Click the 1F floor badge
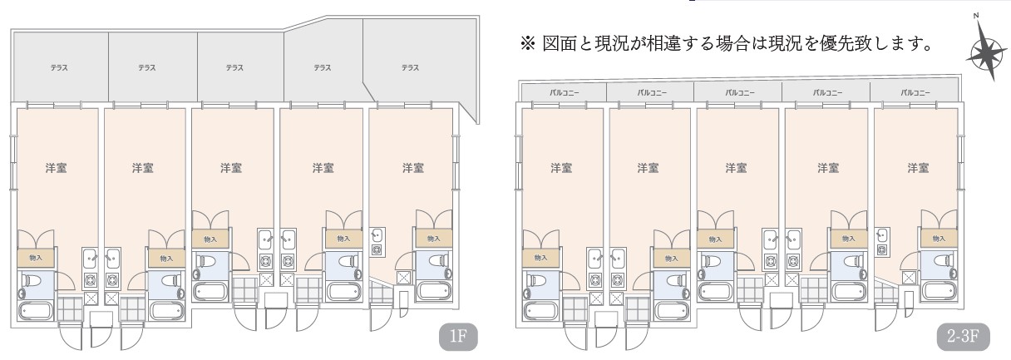[458, 337]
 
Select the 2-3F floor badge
[963, 337]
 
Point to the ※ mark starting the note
[528, 44]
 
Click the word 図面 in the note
[559, 44]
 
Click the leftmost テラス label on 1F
[59, 67]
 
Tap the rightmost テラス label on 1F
[410, 67]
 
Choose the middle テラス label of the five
[234, 67]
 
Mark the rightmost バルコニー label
[915, 93]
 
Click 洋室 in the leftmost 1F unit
[57, 168]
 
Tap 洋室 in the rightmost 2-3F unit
[919, 168]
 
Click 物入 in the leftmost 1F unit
[36, 258]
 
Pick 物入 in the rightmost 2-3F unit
[939, 239]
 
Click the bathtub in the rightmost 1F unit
[434, 291]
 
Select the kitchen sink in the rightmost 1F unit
[377, 235]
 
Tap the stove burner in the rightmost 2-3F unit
[881, 249]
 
